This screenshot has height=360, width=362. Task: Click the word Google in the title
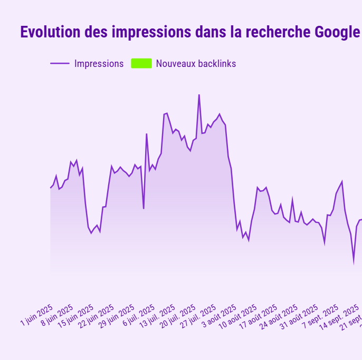[x=338, y=32]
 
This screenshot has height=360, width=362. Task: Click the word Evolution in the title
[x=51, y=32]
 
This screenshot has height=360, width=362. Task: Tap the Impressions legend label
[x=99, y=64]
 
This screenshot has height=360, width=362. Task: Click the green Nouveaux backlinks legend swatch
[x=141, y=63]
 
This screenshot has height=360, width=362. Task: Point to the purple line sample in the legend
[x=60, y=64]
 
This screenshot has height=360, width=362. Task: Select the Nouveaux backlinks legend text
[x=196, y=64]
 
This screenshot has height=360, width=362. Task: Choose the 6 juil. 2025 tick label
[x=139, y=315]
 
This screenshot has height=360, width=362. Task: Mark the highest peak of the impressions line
[x=199, y=95]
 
